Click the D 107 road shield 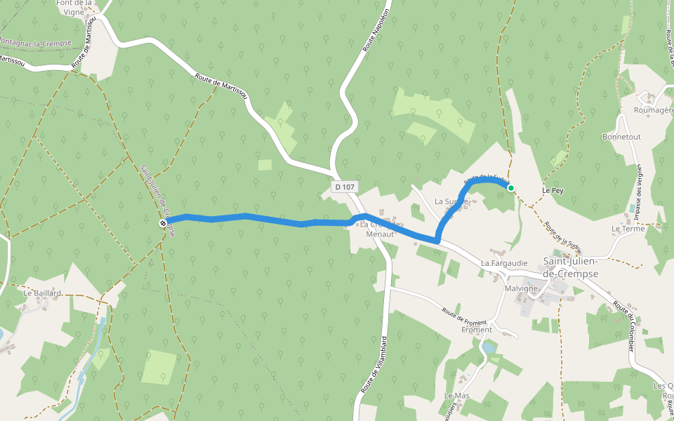(x=345, y=187)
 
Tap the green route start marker (x=511, y=187)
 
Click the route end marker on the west (x=163, y=223)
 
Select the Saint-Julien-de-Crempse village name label (x=571, y=267)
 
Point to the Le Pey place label (x=553, y=190)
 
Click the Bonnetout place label (x=621, y=137)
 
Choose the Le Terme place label (x=628, y=229)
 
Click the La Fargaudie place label (x=503, y=263)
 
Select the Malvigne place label (x=521, y=288)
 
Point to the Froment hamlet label (x=477, y=330)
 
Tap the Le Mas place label (x=456, y=396)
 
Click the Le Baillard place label (x=43, y=293)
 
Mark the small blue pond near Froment (x=487, y=347)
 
